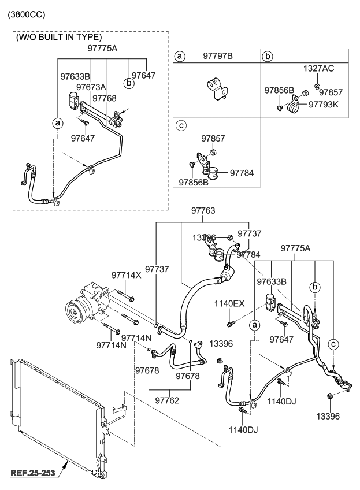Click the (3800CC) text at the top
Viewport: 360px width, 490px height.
26,13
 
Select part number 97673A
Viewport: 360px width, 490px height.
91,87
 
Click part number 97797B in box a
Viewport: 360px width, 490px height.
217,56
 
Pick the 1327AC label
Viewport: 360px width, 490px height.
318,69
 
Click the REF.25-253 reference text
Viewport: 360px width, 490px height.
33,474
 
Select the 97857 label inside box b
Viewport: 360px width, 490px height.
331,92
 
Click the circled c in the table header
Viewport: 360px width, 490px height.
180,125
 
